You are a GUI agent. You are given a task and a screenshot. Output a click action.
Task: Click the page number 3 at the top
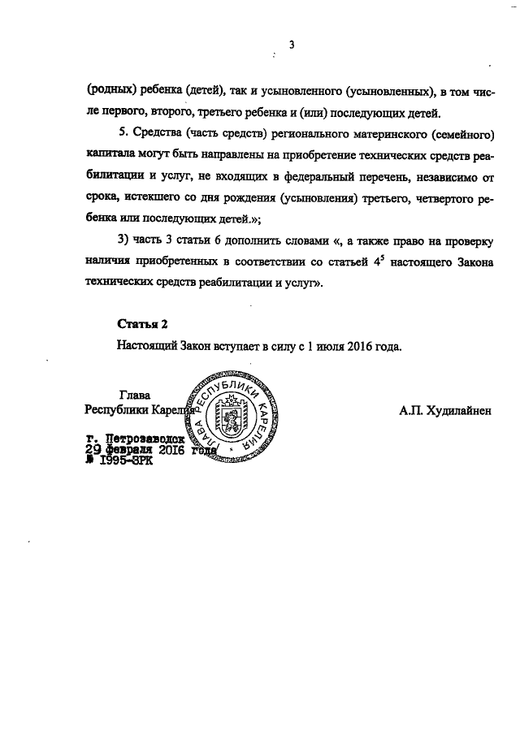pos(290,45)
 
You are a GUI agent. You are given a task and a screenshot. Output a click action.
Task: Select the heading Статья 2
pos(142,324)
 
